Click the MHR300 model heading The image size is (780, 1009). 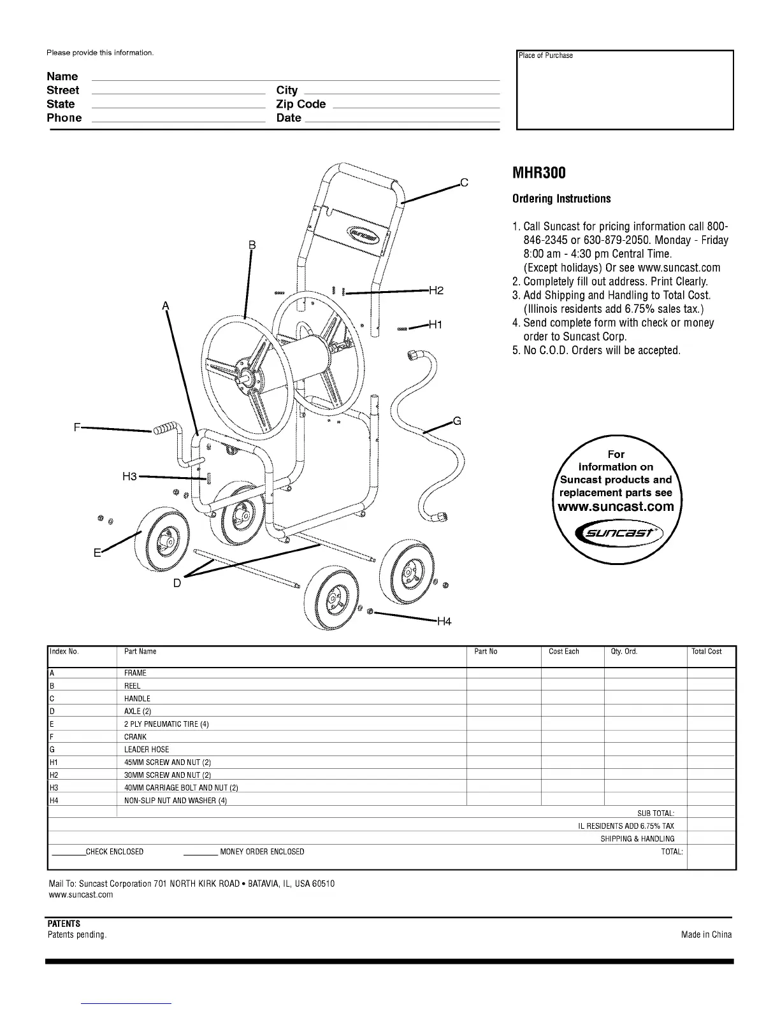pos(538,173)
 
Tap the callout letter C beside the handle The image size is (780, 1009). pos(465,183)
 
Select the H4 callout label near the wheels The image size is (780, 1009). pos(444,621)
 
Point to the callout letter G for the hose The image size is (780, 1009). pos(457,421)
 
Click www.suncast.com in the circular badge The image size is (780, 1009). pos(616,507)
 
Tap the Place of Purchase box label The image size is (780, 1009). pos(545,56)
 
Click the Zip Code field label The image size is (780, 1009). pos(301,104)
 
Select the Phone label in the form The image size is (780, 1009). pos(64,118)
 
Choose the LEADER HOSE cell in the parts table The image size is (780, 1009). pos(147,750)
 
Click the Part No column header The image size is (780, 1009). pos(486,652)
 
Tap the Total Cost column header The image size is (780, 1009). pos(707,652)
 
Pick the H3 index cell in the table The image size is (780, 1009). pos(54,788)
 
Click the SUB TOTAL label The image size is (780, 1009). pos(656,813)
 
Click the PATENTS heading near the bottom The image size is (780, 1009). pos(64,924)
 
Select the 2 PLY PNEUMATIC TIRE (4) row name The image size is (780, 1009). pos(166,724)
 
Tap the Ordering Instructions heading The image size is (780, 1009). pos(561,199)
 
